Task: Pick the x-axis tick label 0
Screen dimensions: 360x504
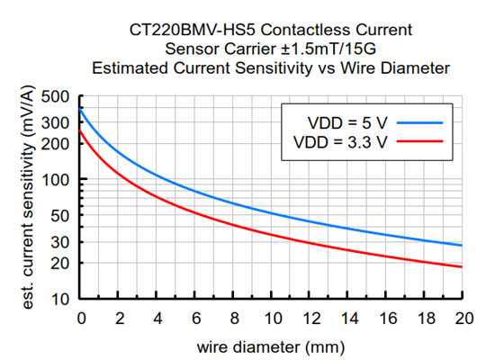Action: (x=81, y=318)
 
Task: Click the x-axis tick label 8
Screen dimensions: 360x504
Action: (x=234, y=318)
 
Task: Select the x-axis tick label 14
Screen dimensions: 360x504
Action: (x=348, y=318)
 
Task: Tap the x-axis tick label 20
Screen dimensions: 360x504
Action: (x=463, y=318)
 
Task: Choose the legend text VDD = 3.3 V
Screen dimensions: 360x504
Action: (x=341, y=141)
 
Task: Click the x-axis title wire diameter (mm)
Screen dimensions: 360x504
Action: (x=271, y=345)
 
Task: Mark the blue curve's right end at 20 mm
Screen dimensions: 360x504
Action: (x=462, y=246)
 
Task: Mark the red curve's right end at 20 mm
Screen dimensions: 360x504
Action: (x=462, y=266)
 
